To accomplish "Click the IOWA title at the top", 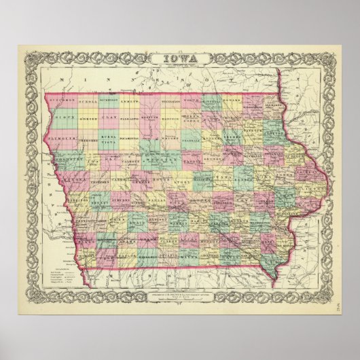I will point(179,59).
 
